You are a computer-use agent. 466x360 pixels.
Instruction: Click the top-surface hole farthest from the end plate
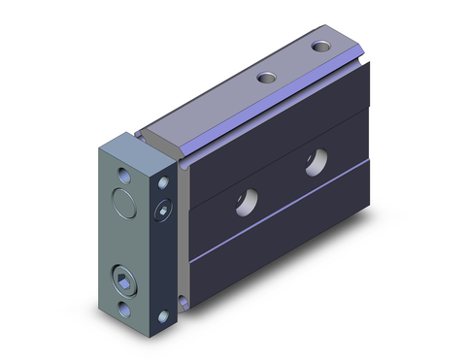320,47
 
